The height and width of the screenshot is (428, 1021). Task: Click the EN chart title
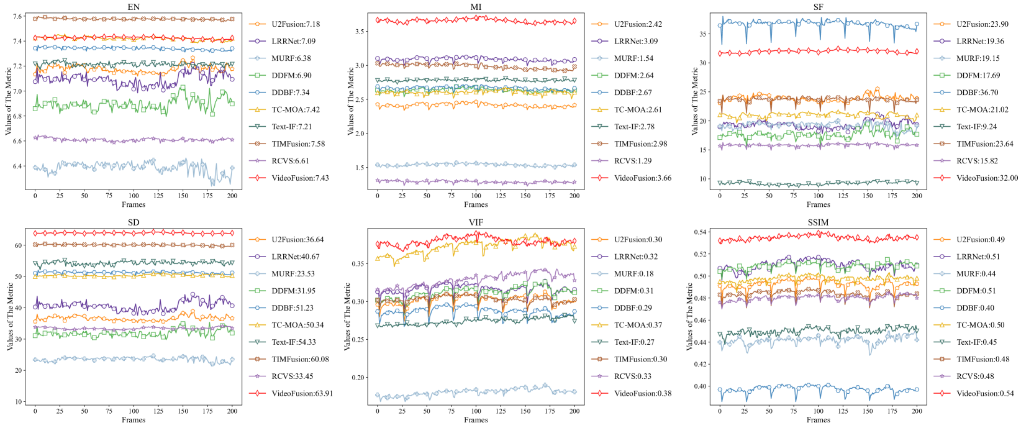[x=134, y=7]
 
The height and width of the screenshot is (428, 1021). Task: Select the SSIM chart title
[x=818, y=222]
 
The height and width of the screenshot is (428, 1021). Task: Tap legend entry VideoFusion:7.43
[x=300, y=178]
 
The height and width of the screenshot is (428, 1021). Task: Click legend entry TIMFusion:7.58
[x=298, y=143]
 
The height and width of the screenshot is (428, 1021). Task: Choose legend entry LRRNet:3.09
[x=636, y=41]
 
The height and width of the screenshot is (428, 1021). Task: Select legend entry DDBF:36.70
[x=977, y=93]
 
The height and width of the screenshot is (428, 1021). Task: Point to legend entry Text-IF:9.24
[x=976, y=127]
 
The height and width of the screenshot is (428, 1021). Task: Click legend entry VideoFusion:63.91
[x=302, y=393]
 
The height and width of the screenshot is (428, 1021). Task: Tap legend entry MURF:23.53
[x=294, y=273]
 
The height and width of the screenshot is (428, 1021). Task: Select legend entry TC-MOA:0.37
[x=638, y=325]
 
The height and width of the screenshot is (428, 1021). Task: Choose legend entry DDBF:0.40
[x=976, y=307]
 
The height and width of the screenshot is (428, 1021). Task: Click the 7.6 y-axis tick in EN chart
[x=17, y=16]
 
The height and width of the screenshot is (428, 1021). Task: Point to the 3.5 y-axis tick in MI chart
[x=360, y=31]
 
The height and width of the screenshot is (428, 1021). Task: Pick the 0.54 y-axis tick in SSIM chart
[x=699, y=232]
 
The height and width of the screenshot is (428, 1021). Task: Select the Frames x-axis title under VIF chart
[x=476, y=420]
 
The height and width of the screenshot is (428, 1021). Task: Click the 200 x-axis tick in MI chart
[x=574, y=196]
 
